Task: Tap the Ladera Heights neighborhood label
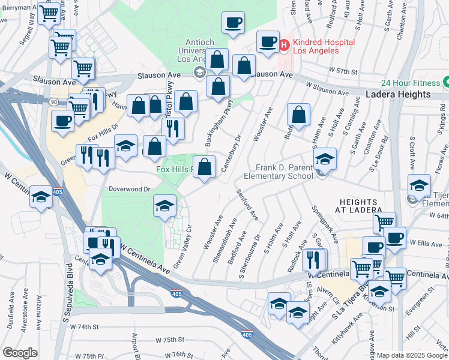(398, 95)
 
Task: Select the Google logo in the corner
(20, 353)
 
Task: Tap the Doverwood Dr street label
(129, 188)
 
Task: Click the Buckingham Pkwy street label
(218, 124)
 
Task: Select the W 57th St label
(342, 71)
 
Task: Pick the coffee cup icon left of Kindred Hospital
(268, 41)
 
